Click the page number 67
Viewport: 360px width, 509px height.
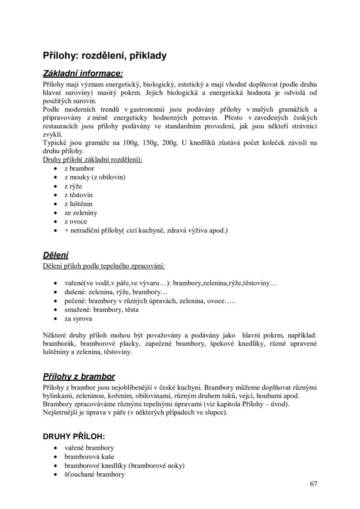(313, 484)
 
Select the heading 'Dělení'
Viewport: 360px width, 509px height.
(56, 255)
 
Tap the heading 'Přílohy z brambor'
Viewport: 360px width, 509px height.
(79, 376)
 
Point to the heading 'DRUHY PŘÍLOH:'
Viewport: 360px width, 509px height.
(74, 436)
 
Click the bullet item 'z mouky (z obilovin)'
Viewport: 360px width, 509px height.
(95, 177)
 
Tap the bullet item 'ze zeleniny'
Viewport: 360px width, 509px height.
(81, 213)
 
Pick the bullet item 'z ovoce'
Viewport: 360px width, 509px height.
(76, 221)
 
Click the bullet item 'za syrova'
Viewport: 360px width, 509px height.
(78, 319)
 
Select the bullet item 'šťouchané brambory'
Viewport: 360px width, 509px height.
(94, 474)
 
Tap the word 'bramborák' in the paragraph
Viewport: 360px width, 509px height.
(58, 343)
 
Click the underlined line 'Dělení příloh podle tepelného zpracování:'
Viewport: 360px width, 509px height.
(103, 266)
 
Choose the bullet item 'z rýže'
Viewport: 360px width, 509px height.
(73, 186)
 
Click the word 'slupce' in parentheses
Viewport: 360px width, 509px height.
(214, 412)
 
